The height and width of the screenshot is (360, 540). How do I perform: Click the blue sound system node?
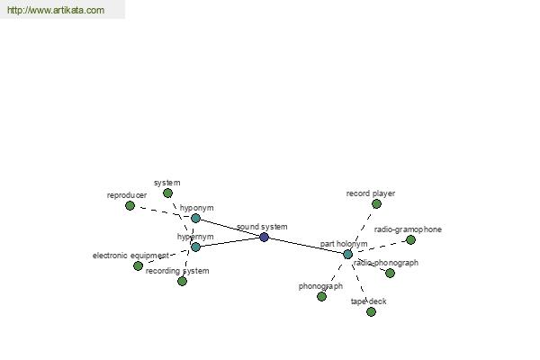[x=264, y=237]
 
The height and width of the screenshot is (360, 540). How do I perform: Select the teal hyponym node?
[x=195, y=218]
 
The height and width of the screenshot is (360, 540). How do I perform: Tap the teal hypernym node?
[x=195, y=247]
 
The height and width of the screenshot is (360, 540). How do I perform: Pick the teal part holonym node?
[x=347, y=255]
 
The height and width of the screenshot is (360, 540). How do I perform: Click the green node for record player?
[x=376, y=204]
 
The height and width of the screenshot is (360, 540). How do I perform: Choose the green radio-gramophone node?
[x=410, y=239]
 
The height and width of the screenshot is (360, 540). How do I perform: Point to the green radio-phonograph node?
[x=390, y=274]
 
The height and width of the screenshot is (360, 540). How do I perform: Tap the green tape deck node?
[x=371, y=311]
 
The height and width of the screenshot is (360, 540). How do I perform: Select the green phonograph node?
[x=321, y=296]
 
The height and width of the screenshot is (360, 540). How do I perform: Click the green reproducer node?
[x=130, y=206]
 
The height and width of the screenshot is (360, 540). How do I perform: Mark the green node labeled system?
[x=167, y=193]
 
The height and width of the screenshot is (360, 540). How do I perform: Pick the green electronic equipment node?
[x=138, y=266]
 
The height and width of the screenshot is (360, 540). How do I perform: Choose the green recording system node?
[x=182, y=281]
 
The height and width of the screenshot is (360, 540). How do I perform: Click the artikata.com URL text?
[x=56, y=10]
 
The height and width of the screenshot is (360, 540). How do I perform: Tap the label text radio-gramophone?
[x=408, y=229]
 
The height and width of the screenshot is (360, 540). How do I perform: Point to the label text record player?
[x=371, y=193]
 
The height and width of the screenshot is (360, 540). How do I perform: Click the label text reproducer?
[x=127, y=195]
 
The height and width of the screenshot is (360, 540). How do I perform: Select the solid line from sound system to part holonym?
[x=306, y=246]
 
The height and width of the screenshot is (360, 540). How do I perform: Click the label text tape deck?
[x=368, y=301]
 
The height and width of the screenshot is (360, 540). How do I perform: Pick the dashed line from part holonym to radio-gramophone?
[x=379, y=247]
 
